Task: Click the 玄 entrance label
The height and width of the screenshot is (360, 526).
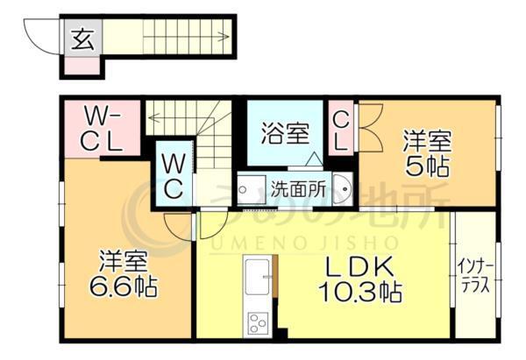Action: [x=82, y=39]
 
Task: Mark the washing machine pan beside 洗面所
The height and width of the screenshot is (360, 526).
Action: [x=252, y=190]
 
